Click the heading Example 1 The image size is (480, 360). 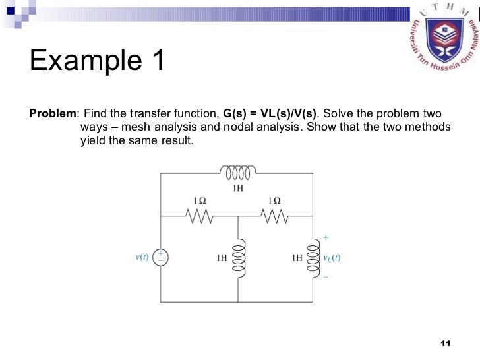click(x=96, y=63)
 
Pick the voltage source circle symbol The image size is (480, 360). click(x=160, y=257)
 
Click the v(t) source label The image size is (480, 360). click(x=141, y=258)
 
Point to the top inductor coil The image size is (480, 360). click(x=238, y=173)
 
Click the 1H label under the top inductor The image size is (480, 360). click(x=238, y=188)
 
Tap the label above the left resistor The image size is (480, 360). click(x=200, y=200)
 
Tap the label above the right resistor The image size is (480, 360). click(x=274, y=200)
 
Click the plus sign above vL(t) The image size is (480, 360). click(x=325, y=237)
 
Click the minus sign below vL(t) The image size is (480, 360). click(x=325, y=277)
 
